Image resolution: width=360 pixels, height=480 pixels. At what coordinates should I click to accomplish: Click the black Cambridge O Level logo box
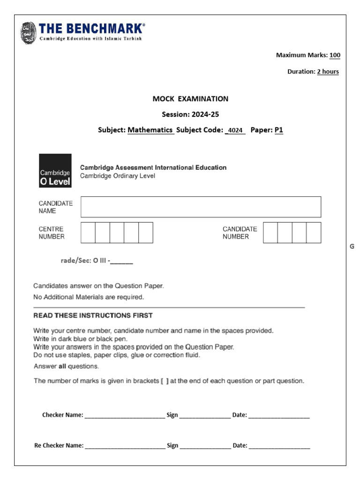(55, 171)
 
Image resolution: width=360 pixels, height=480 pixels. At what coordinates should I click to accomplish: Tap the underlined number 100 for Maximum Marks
(335, 55)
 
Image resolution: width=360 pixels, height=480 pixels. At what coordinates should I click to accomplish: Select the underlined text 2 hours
(328, 72)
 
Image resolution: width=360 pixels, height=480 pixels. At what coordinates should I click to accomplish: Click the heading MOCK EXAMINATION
(190, 99)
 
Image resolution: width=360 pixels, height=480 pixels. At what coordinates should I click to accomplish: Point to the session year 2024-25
(203, 114)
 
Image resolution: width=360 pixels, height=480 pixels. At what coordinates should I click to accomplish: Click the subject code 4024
(235, 131)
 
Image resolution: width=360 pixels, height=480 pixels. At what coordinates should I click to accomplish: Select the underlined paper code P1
(279, 130)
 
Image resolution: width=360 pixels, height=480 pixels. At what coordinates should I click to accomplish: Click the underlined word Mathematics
(150, 130)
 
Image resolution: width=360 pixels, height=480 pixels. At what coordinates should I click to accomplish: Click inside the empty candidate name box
(201, 207)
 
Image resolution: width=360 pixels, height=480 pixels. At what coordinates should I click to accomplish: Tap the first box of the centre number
(88, 232)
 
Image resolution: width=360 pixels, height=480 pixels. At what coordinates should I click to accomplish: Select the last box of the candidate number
(314, 232)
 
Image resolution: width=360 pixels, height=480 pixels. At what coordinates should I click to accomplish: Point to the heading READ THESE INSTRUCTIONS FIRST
(93, 315)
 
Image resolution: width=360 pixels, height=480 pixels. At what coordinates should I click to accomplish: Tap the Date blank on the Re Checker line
(279, 446)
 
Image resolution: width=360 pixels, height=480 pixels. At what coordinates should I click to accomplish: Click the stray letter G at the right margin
(352, 247)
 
